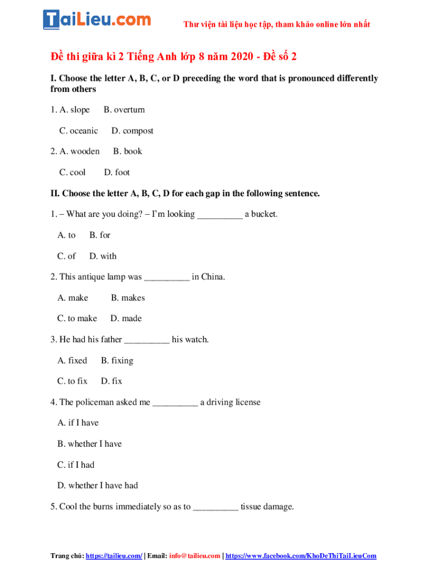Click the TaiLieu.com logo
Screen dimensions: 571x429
97,20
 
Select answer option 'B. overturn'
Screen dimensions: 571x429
124,110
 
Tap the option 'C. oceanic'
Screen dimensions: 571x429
79,130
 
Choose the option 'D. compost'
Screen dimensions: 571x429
132,130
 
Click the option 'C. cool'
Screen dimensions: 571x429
72,172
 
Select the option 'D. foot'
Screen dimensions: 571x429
117,172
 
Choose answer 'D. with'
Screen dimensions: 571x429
103,256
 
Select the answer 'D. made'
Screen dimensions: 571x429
126,318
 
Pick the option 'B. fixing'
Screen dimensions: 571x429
117,360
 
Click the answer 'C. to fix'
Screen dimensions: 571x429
72,381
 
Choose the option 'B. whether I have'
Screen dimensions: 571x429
89,444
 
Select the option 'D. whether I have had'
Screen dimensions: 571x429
97,486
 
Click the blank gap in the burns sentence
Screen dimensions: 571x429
216,507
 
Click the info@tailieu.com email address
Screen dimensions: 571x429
194,555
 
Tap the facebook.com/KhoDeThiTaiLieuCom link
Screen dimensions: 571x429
301,555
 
